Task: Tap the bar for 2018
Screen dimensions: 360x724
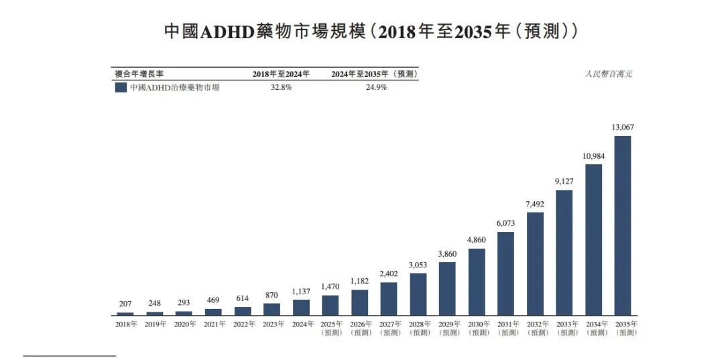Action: coord(125,313)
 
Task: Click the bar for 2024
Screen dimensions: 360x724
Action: coord(301,307)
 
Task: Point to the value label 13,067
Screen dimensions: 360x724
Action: coord(623,127)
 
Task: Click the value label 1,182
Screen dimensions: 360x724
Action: coord(359,280)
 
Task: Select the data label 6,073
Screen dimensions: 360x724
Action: coord(505,223)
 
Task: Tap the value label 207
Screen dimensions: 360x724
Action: coord(125,303)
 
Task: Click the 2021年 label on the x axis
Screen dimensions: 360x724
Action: coord(214,324)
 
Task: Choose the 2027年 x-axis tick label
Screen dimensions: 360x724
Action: coord(389,328)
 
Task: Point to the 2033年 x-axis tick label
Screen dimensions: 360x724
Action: coord(564,328)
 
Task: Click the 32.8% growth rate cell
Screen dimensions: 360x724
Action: coord(281,87)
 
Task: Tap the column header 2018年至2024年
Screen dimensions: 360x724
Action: coord(281,74)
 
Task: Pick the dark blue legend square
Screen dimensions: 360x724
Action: coord(121,87)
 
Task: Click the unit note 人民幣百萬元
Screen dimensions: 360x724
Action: coord(608,74)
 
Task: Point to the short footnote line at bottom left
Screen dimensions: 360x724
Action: coord(70,356)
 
